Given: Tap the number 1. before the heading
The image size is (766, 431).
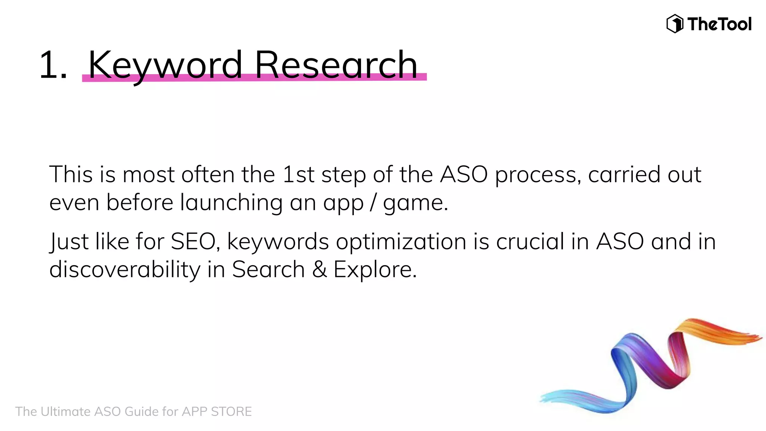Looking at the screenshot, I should coord(53,65).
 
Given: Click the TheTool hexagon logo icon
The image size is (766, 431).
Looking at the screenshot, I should coord(675,24).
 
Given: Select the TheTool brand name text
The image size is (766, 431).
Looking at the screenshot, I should coord(719,24).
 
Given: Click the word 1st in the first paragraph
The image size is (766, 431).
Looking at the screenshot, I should coord(298,174).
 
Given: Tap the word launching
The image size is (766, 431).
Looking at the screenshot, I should coord(231,202).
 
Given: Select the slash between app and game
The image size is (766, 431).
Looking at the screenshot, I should coord(373,203).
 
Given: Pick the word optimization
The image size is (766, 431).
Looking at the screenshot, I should coord(401,242).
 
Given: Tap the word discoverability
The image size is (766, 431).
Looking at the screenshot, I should coord(125,270).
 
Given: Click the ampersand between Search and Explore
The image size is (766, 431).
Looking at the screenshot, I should coord(319,269).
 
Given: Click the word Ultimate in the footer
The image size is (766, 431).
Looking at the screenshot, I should coord(66,412).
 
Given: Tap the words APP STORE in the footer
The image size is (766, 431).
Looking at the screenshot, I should coord(217,412).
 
